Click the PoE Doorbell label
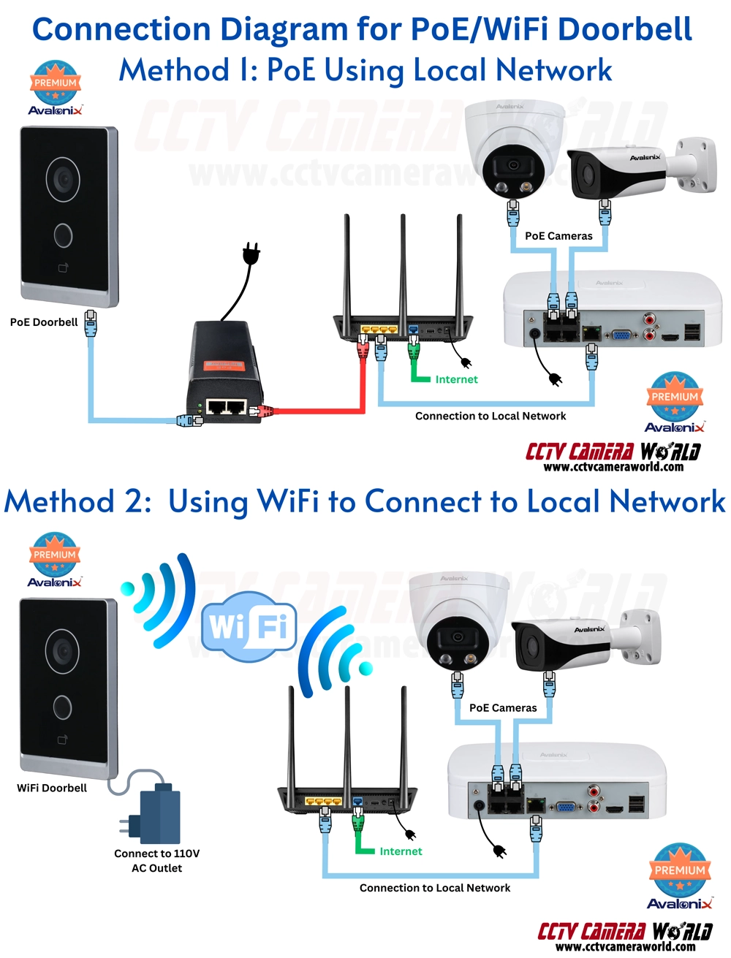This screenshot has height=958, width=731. [x=44, y=322]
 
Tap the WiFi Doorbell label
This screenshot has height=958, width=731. [x=52, y=788]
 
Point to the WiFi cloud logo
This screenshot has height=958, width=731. [x=249, y=627]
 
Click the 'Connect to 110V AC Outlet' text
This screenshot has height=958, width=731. [x=156, y=861]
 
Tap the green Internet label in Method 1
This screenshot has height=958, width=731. [x=456, y=379]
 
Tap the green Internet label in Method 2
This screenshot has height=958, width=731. [x=401, y=851]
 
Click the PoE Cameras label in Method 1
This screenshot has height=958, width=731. [x=558, y=236]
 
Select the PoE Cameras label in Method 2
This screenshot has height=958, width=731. [x=503, y=708]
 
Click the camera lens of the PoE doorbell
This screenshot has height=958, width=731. [x=64, y=178]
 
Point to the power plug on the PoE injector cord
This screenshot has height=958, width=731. [x=251, y=254]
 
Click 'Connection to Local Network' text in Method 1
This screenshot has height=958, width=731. [x=491, y=416]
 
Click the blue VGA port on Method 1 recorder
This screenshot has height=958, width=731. [x=622, y=335]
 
